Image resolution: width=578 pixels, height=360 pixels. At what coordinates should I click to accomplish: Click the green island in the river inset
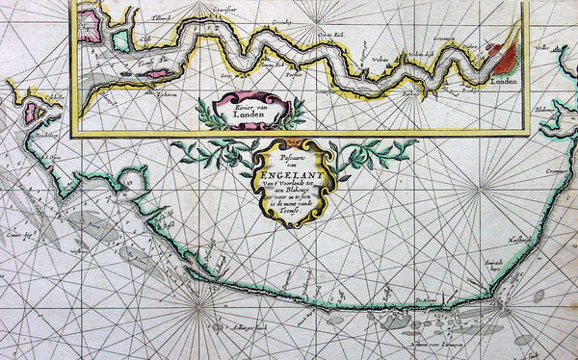(120, 41)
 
